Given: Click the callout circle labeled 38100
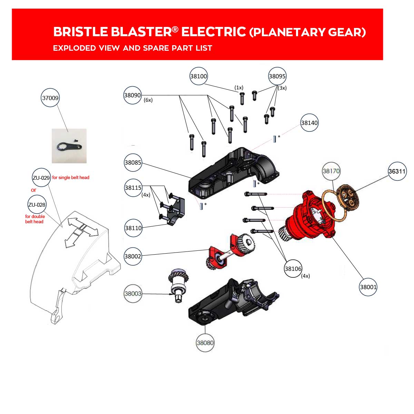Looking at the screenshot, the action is [198, 76].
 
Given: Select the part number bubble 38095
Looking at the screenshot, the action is [277, 76].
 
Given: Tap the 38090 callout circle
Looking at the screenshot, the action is [132, 95].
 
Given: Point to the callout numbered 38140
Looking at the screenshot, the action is [309, 123].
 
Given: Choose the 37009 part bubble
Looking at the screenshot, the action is [50, 98].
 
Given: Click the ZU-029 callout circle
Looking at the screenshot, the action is [41, 177].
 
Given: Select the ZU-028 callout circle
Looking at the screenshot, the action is [37, 205].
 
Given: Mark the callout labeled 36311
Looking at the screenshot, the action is [397, 171].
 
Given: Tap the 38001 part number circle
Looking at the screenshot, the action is [368, 287].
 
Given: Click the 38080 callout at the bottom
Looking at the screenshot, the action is [205, 343].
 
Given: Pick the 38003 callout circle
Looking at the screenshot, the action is [133, 294].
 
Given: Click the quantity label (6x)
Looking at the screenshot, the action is [148, 100].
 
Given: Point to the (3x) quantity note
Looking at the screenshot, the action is [282, 88].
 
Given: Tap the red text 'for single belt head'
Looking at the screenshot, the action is [71, 177].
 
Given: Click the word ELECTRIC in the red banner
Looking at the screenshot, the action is [214, 32].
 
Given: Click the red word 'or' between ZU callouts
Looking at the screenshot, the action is [33, 190].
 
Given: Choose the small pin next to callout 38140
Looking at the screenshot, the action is [274, 139].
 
